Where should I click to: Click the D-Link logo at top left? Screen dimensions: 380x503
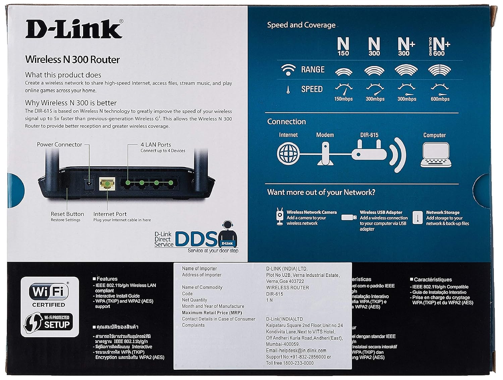(74, 29)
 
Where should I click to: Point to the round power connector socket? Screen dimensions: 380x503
(89, 184)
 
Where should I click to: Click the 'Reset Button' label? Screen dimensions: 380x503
(67, 214)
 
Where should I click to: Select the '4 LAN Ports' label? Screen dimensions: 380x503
(156, 144)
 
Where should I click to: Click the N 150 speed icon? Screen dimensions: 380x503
(343, 47)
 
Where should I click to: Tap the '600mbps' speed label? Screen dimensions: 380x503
(440, 99)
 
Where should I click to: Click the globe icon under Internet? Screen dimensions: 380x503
(288, 153)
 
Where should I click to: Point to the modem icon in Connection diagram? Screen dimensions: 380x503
(325, 154)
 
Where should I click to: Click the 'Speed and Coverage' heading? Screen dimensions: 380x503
(301, 25)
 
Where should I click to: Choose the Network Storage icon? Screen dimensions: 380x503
(417, 217)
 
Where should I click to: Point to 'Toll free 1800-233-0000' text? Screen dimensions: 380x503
(290, 363)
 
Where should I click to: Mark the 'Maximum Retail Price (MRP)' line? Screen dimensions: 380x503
(212, 313)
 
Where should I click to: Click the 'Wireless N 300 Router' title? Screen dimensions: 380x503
(72, 60)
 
